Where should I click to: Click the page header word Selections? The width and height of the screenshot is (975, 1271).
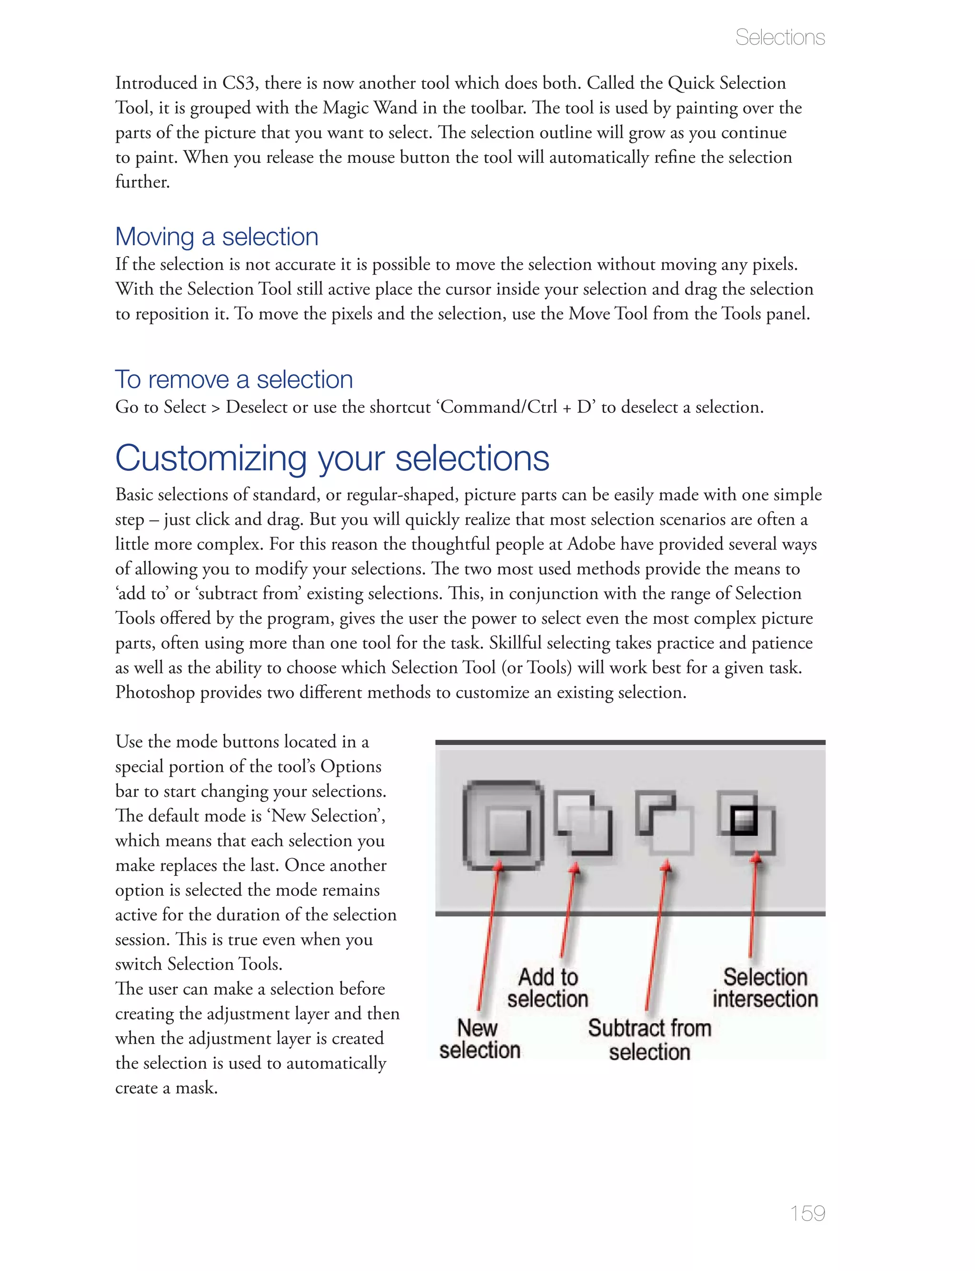coord(779,38)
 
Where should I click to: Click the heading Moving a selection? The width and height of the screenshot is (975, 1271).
coord(217,237)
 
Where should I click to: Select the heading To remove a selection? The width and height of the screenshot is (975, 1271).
coord(234,380)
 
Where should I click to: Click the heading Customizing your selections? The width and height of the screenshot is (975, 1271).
coord(332,459)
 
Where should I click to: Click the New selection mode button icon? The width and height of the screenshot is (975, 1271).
coord(503,825)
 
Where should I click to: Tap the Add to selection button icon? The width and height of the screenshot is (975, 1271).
coord(583,822)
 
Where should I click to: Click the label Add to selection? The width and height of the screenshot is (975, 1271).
coord(547,988)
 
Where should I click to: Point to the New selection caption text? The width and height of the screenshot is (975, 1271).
coord(479,1039)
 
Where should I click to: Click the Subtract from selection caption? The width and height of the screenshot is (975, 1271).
coord(649,1040)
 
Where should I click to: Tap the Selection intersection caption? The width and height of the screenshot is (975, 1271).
coord(765,988)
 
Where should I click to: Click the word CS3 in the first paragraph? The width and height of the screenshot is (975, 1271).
coord(238,83)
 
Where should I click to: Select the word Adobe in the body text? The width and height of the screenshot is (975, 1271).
coord(591,544)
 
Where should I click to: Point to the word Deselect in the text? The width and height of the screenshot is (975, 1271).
coord(257,408)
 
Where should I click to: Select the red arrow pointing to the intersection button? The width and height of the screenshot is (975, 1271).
coord(753,905)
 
